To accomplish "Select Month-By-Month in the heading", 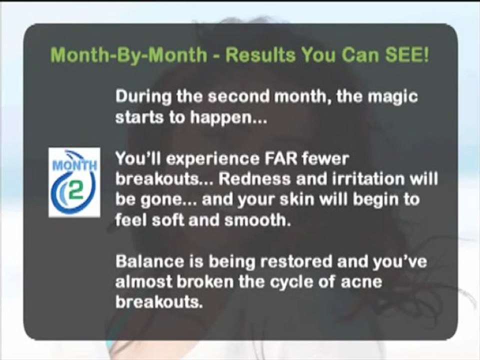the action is coord(129,55).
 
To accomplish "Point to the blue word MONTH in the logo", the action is coord(74,165).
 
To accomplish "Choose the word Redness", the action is coord(254,179).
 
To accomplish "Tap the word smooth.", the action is coord(257,220).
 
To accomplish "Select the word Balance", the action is coord(149,261).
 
